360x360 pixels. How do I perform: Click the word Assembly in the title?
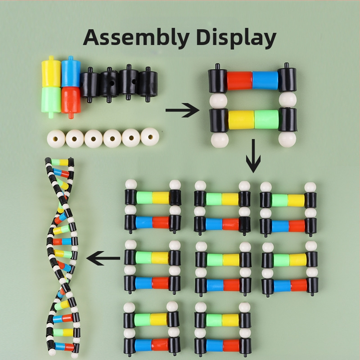(130, 38)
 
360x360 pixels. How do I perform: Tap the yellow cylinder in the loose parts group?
(51, 72)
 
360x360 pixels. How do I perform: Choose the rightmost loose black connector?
(147, 84)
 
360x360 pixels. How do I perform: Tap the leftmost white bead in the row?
(56, 138)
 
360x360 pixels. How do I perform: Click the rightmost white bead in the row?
(149, 136)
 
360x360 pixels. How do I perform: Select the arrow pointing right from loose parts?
(182, 110)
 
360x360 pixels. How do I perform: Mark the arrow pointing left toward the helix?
(103, 258)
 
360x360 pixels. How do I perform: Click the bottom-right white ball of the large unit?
(287, 139)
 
